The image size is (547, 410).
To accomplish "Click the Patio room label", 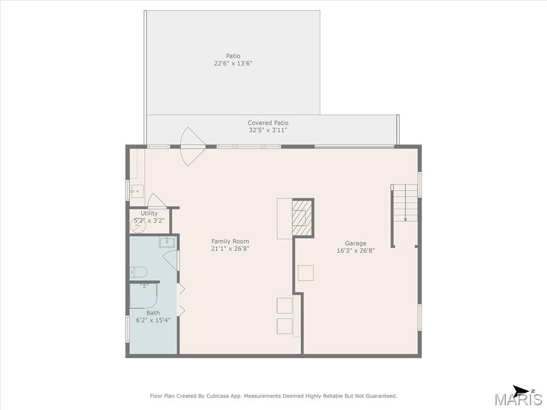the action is click(233, 56).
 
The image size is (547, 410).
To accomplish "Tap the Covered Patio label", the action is click(268, 123).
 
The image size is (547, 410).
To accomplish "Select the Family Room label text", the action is click(230, 241).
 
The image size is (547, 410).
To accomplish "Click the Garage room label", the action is click(355, 243).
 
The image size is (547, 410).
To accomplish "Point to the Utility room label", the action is click(149, 213).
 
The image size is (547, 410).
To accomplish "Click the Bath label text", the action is click(153, 313).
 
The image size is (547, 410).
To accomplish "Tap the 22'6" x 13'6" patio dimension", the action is click(233, 64).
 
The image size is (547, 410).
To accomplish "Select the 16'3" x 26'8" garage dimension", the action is click(355, 250).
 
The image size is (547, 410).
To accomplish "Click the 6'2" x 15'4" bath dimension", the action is click(153, 320).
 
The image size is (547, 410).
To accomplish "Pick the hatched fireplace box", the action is click(302, 218).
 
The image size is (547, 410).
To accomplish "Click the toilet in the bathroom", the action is click(138, 272).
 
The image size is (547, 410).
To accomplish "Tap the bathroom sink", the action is click(167, 242).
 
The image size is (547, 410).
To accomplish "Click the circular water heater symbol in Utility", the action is click(138, 226).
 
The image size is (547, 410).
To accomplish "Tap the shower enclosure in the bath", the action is click(144, 296).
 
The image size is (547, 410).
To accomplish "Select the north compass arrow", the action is click(521, 390).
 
